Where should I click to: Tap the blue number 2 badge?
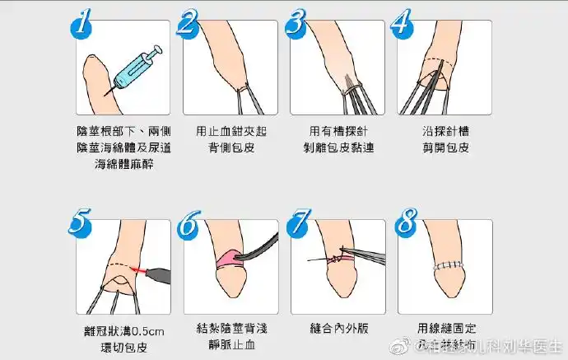(189, 25)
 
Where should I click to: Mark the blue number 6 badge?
(189, 222)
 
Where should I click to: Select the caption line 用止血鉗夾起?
(230, 131)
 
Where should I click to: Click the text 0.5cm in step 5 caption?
(149, 331)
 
